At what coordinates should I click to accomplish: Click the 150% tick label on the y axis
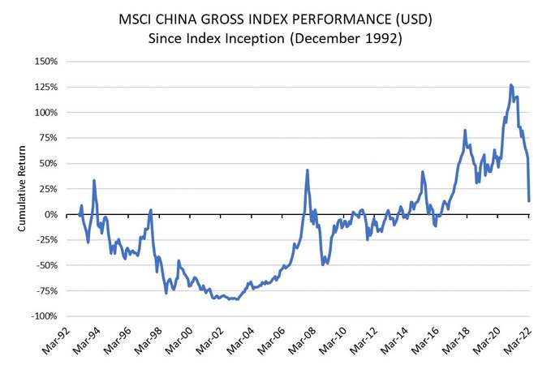click(x=45, y=62)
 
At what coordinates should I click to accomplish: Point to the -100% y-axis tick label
click(x=44, y=316)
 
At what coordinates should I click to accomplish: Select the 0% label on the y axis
click(x=51, y=214)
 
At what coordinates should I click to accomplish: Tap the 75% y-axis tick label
click(x=47, y=138)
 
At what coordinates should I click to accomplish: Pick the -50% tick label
click(x=45, y=265)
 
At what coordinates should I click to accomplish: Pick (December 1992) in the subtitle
click(x=359, y=38)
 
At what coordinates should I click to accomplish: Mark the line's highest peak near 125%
click(x=511, y=84)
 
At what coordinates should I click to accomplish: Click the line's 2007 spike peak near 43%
click(x=308, y=170)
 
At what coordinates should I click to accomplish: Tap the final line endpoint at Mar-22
click(x=529, y=200)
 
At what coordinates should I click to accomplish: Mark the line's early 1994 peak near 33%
click(x=94, y=180)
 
